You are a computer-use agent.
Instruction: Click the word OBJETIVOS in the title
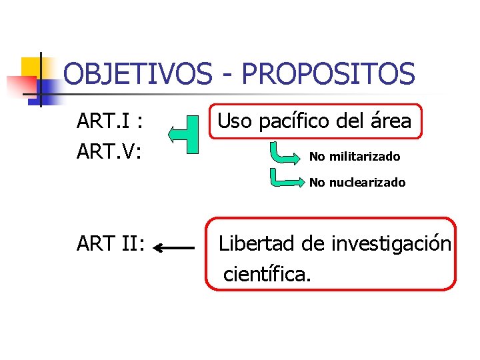pyautogui.click(x=135, y=74)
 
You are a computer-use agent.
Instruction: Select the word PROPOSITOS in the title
pyautogui.click(x=329, y=74)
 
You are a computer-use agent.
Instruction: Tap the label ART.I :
pyautogui.click(x=112, y=121)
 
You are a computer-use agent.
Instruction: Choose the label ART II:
pyautogui.click(x=111, y=244)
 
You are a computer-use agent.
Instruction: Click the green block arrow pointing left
pyautogui.click(x=184, y=134)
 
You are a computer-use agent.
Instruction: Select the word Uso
pyautogui.click(x=235, y=121)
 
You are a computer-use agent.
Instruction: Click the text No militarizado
pyautogui.click(x=355, y=157)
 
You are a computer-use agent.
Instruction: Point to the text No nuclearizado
pyautogui.click(x=357, y=183)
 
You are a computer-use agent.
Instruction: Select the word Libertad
pyautogui.click(x=257, y=243)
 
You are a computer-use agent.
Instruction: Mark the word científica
pyautogui.click(x=267, y=273)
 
